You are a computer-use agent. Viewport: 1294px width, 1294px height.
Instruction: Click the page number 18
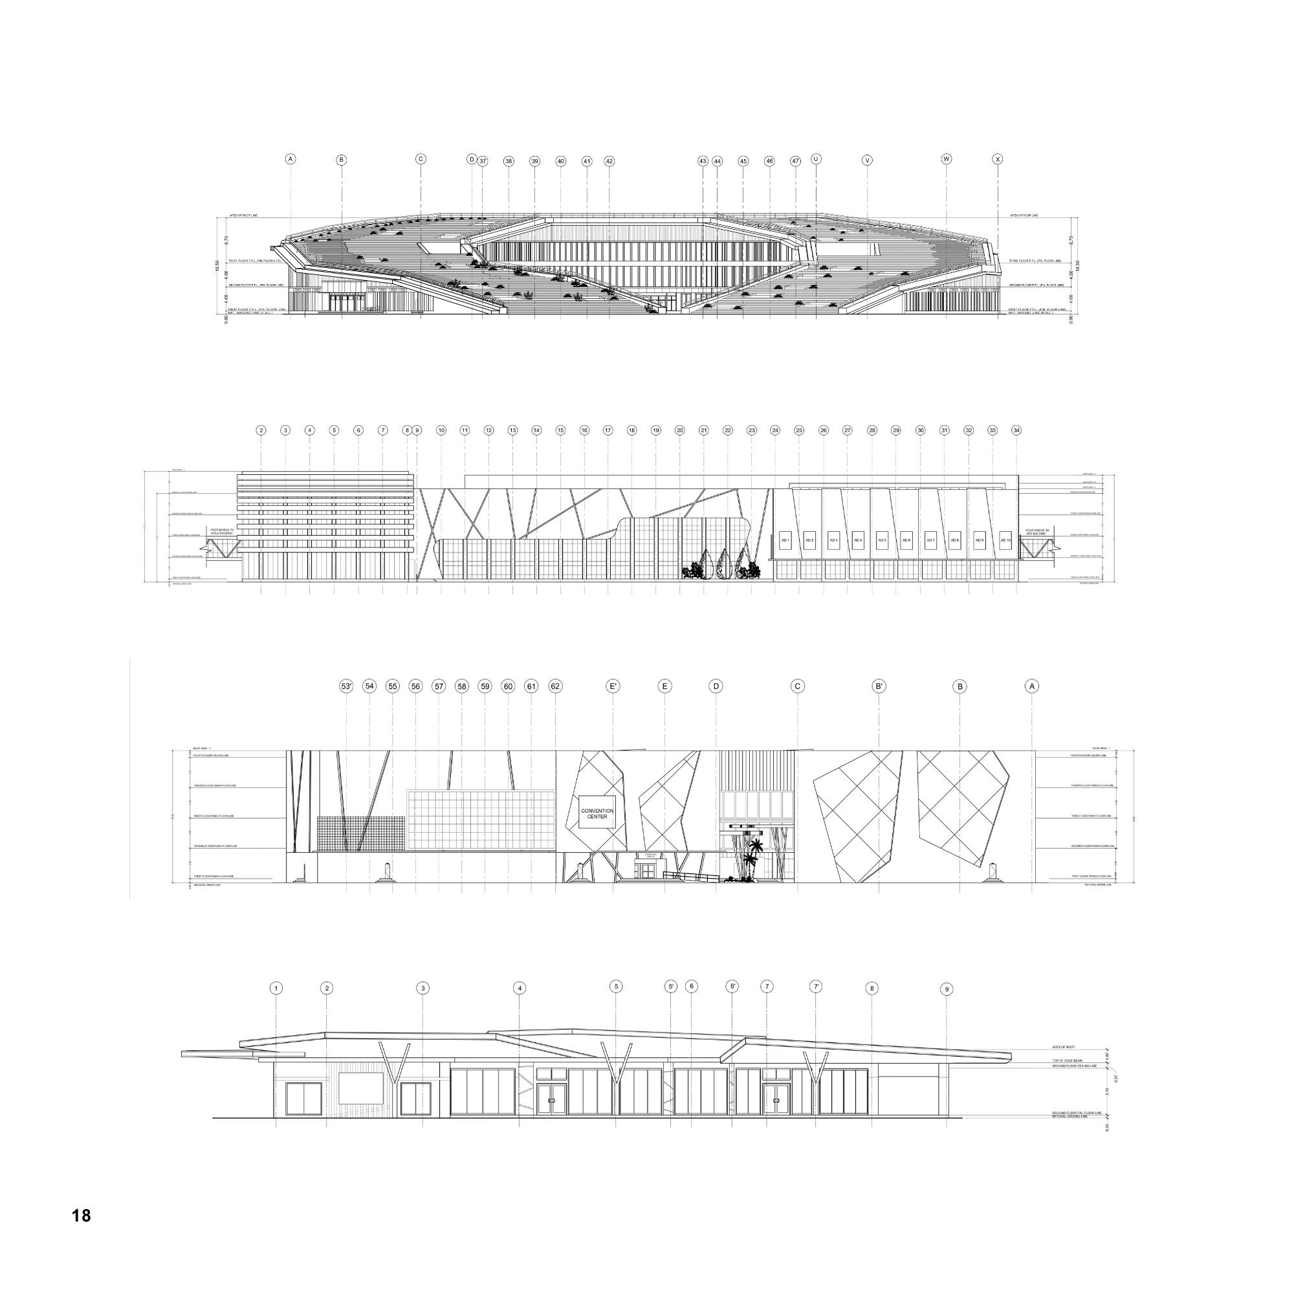pyautogui.click(x=81, y=1215)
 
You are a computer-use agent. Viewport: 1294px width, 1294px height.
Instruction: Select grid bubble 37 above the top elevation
pyautogui.click(x=483, y=161)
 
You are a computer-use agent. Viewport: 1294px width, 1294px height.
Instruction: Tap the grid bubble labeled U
pyautogui.click(x=816, y=159)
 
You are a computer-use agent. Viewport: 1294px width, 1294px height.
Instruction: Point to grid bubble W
pyautogui.click(x=947, y=159)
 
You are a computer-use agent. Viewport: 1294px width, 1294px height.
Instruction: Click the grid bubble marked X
pyautogui.click(x=998, y=159)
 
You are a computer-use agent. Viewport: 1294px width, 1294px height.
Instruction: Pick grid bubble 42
pyautogui.click(x=609, y=161)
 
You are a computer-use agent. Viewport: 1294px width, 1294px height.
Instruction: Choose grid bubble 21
pyautogui.click(x=704, y=431)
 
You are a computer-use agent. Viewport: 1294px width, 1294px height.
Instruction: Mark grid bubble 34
pyautogui.click(x=1016, y=431)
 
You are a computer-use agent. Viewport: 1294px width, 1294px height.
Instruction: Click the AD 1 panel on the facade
pyautogui.click(x=785, y=540)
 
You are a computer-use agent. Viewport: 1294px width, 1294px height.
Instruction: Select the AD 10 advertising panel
pyautogui.click(x=1005, y=540)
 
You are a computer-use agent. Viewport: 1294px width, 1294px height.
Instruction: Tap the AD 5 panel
pyautogui.click(x=882, y=540)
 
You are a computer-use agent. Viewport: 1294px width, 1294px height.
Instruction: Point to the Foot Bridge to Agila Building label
pyautogui.click(x=221, y=532)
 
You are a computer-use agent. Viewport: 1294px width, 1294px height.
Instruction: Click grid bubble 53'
pyautogui.click(x=346, y=686)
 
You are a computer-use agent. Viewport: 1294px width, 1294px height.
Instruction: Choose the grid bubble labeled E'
pyautogui.click(x=613, y=686)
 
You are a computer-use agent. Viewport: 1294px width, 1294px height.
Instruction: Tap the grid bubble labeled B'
pyautogui.click(x=879, y=686)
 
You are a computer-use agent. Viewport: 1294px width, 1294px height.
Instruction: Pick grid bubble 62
pyautogui.click(x=555, y=686)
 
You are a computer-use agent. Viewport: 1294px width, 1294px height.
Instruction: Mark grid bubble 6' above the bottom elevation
pyautogui.click(x=733, y=987)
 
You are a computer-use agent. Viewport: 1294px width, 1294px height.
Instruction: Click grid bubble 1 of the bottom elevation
pyautogui.click(x=276, y=989)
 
